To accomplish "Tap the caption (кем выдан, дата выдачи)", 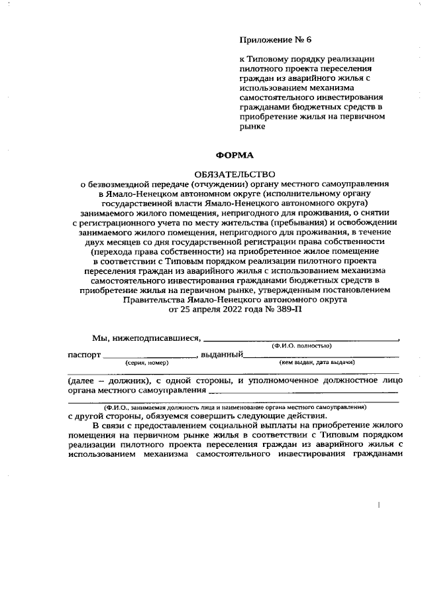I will coord(317,363).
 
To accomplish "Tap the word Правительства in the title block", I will coord(154,300).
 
